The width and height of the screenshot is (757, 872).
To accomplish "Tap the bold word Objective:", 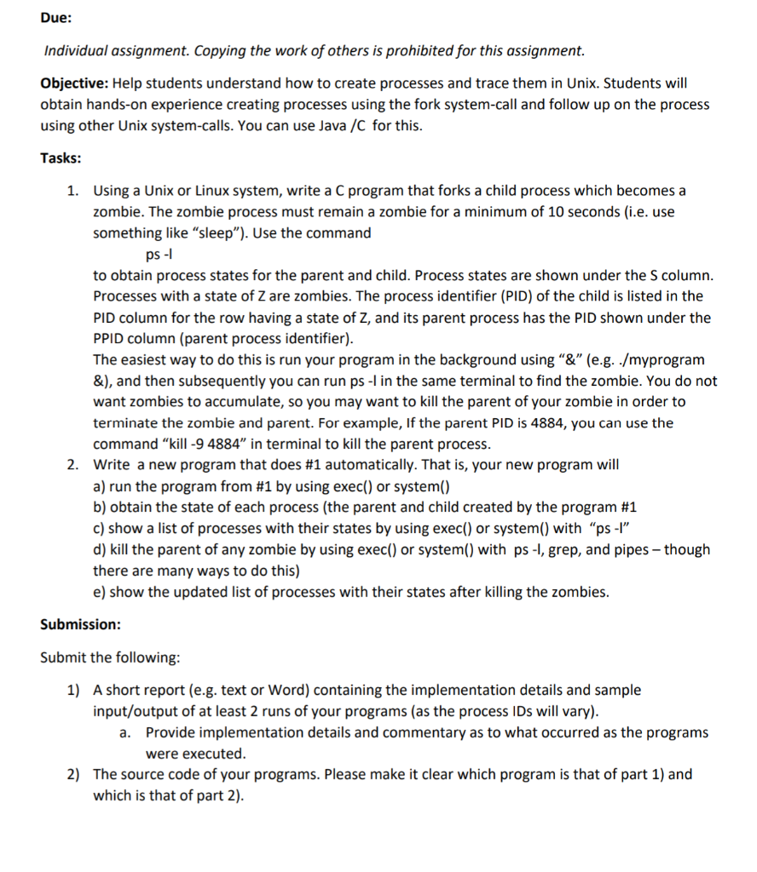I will pos(74,84).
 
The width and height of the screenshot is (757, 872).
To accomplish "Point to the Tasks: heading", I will pos(61,158).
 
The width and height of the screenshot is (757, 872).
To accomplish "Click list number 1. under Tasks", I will pos(75,191).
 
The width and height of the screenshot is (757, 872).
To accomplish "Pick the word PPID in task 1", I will pos(112,339).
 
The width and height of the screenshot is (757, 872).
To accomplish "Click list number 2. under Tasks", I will pos(75,465).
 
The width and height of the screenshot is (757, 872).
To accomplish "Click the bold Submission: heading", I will pos(80,624).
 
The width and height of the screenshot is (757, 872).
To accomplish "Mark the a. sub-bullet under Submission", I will pos(125,733).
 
